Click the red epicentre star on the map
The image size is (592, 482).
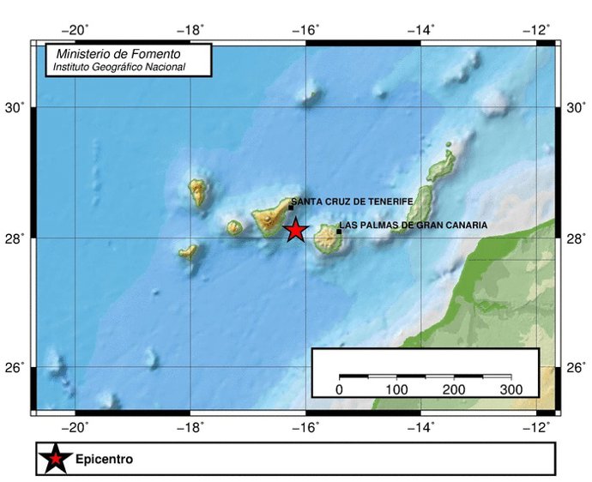(x=295, y=230)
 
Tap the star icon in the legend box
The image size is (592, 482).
(x=55, y=459)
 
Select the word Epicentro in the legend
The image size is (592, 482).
(x=104, y=460)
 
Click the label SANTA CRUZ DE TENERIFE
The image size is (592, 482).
(x=352, y=201)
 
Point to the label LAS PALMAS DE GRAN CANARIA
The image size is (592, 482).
(x=414, y=225)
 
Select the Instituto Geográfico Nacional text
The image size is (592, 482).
(x=118, y=66)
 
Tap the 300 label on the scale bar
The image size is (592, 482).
(x=511, y=390)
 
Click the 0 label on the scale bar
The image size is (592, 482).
(x=340, y=390)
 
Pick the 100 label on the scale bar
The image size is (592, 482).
(x=397, y=390)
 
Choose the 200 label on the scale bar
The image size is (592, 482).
(x=454, y=390)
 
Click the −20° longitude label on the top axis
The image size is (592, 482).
(x=76, y=30)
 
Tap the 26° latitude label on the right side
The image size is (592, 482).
(x=576, y=369)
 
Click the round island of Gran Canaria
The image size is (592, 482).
(x=327, y=238)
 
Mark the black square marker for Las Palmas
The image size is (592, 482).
(x=339, y=231)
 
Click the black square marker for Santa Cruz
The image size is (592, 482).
(x=291, y=208)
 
